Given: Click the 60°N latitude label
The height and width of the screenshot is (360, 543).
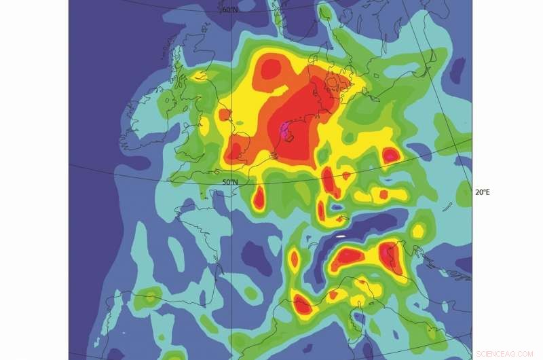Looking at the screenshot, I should [229, 10].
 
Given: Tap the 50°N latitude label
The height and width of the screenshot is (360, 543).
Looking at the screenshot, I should [230, 182].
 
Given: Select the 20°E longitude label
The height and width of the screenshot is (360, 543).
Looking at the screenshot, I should [481, 192].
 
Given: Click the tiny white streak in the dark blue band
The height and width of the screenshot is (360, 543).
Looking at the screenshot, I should [341, 236].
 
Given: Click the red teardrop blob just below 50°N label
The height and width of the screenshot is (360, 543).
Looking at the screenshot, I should [258, 198].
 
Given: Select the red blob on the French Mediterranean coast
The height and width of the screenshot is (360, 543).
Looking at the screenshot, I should [302, 306].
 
